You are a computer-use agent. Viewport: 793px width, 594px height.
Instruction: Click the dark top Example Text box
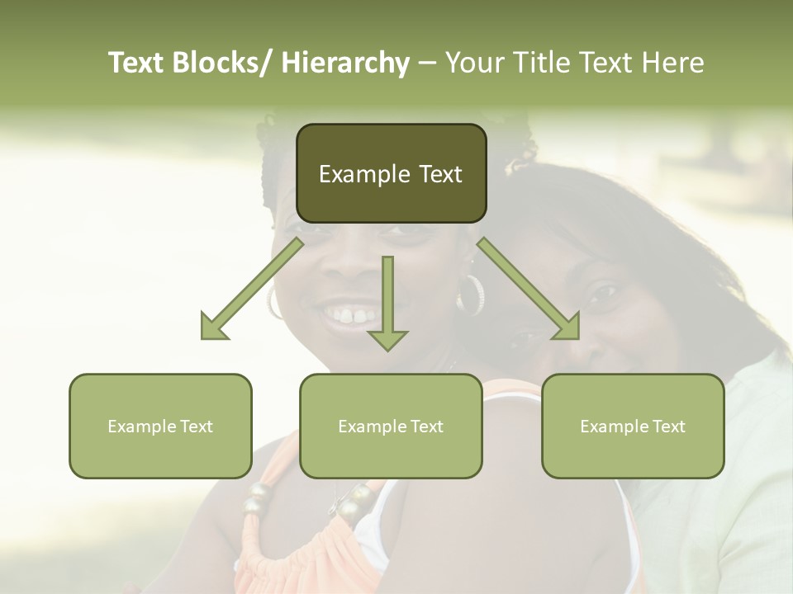(x=391, y=173)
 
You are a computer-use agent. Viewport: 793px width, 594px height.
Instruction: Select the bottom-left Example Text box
(x=160, y=426)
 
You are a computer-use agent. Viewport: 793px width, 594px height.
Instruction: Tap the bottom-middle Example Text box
(x=391, y=426)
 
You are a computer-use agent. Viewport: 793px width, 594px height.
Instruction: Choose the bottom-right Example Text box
(x=633, y=426)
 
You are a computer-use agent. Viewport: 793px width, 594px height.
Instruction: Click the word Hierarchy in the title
(x=345, y=63)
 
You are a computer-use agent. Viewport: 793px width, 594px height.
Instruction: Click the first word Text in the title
(x=138, y=63)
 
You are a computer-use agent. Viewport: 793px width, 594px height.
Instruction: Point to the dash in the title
(x=427, y=63)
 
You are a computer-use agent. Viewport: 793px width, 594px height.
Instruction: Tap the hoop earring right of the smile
(x=472, y=295)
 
